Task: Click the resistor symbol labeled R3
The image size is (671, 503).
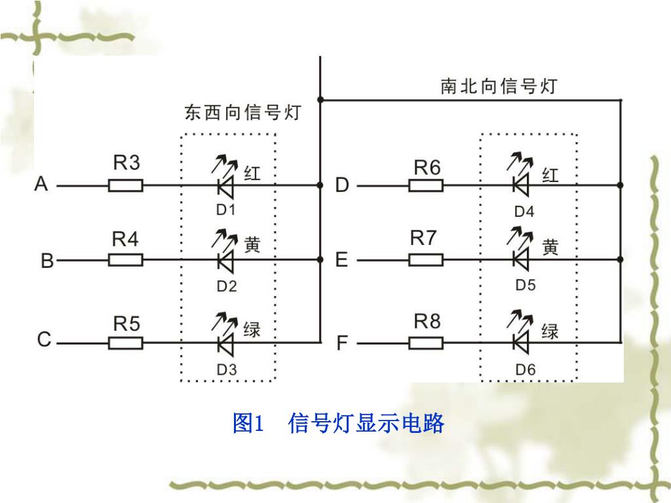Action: [125, 186]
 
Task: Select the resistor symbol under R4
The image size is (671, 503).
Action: [125, 260]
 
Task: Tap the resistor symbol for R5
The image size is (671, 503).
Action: [125, 343]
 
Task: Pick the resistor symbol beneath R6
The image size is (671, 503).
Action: [426, 186]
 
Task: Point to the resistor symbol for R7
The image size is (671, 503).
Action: [426, 260]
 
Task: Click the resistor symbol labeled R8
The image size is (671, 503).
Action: [426, 343]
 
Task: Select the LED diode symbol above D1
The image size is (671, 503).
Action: [226, 186]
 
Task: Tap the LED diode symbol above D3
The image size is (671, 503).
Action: [226, 343]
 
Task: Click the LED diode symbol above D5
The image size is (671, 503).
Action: [522, 260]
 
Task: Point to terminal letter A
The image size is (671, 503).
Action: [42, 185]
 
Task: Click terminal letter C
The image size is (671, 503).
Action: [43, 341]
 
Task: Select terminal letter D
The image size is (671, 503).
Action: [342, 186]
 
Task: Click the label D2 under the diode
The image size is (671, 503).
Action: [227, 286]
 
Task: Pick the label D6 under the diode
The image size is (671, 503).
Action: [525, 369]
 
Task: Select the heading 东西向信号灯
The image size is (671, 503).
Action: [242, 113]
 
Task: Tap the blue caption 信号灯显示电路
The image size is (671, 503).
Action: [366, 424]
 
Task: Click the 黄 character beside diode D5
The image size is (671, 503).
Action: [550, 247]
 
